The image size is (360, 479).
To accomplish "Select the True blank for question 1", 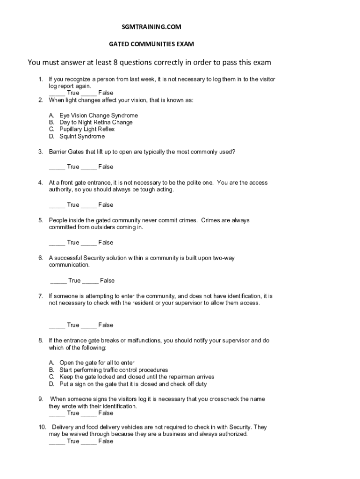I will (x=57, y=93).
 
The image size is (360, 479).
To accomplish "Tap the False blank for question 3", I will (x=88, y=167).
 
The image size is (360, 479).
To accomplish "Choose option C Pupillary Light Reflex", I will (x=86, y=129).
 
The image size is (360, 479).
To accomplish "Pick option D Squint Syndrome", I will (x=82, y=137).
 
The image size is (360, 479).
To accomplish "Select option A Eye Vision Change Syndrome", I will (x=98, y=115).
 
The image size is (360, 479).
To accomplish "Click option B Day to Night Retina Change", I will (x=96, y=122).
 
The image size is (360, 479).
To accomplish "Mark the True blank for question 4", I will (x=57, y=205).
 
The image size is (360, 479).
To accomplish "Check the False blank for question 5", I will (x=88, y=243).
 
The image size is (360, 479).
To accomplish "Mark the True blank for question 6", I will (x=58, y=281).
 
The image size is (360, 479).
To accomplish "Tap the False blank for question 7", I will (x=88, y=326).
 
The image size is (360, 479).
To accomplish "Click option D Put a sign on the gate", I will (x=133, y=384).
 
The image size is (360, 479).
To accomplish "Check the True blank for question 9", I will (x=57, y=414).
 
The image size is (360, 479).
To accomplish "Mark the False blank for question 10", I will (x=88, y=442).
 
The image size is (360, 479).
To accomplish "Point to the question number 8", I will (x=41, y=341).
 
